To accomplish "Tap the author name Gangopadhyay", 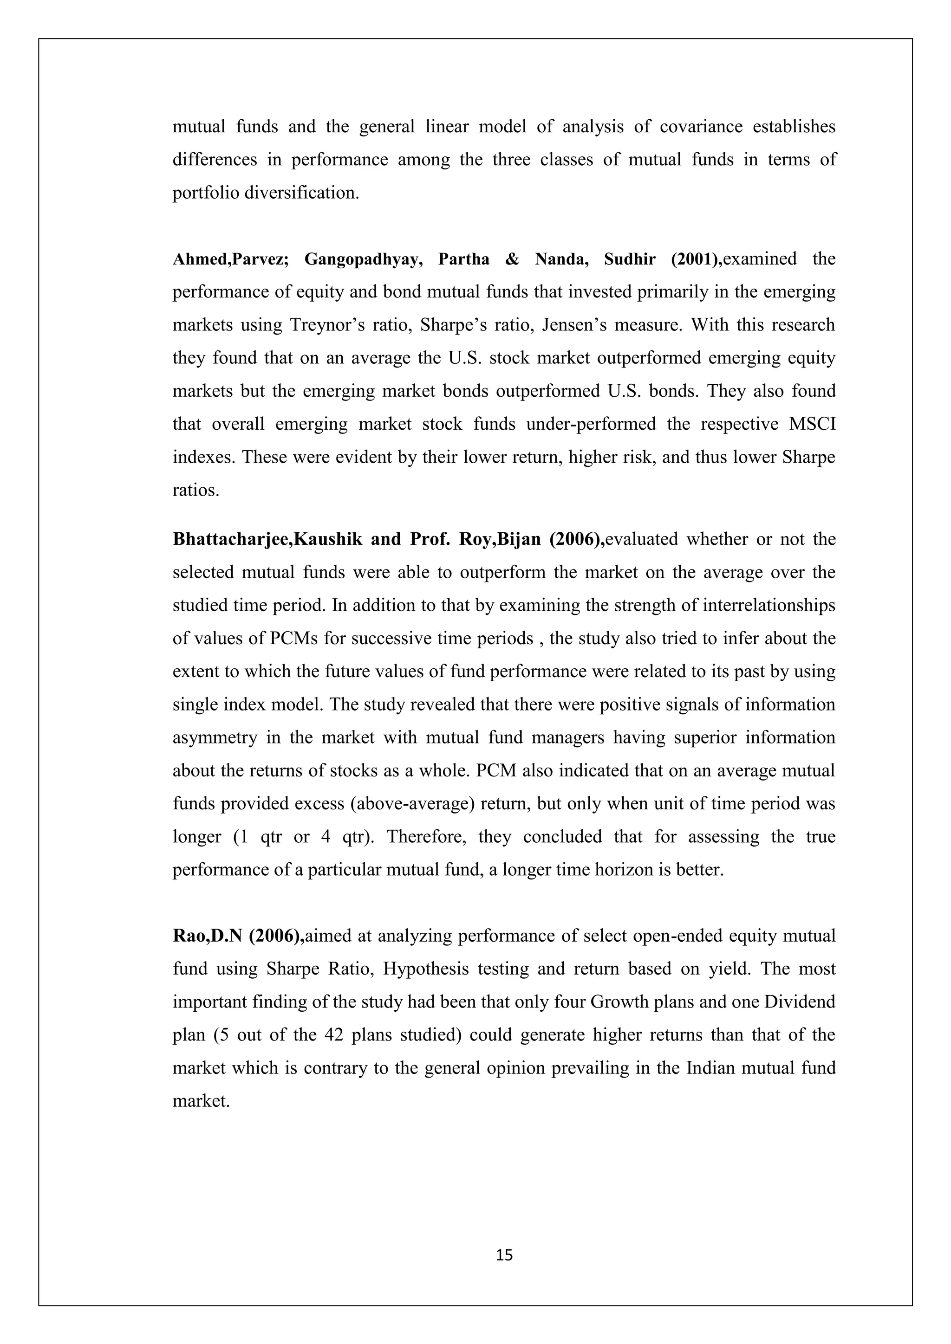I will [363, 259].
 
